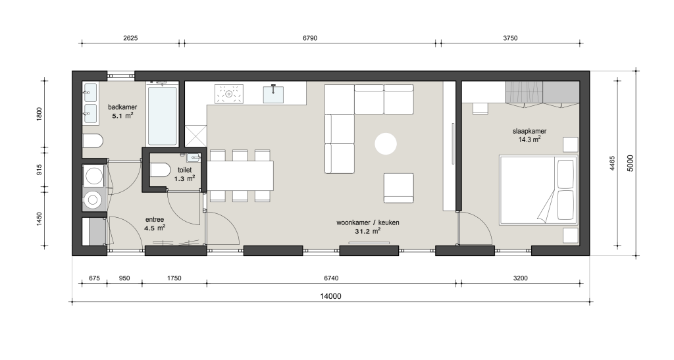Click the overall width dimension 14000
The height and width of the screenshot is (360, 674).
pyautogui.click(x=330, y=296)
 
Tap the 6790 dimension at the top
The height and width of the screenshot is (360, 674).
pyautogui.click(x=310, y=38)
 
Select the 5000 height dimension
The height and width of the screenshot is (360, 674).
pyautogui.click(x=631, y=163)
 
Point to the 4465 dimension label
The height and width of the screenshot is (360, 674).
pyautogui.click(x=613, y=164)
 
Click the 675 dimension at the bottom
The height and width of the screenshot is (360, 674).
pyautogui.click(x=94, y=278)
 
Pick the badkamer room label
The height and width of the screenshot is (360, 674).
pyautogui.click(x=122, y=107)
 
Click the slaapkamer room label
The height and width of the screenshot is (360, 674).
pyautogui.click(x=530, y=132)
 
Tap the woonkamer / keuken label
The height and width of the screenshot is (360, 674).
pyautogui.click(x=367, y=223)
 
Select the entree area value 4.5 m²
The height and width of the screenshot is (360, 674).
pyautogui.click(x=155, y=228)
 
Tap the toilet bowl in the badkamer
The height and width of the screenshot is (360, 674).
pyautogui.click(x=93, y=141)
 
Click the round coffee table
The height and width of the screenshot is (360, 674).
pyautogui.click(x=386, y=144)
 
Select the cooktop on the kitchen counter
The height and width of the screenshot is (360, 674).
pyautogui.click(x=228, y=93)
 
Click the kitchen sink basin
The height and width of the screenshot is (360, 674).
pyautogui.click(x=273, y=94)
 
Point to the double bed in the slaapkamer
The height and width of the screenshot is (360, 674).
pyautogui.click(x=538, y=190)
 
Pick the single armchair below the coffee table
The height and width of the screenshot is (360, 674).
pyautogui.click(x=398, y=188)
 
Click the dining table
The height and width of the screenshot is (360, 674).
pyautogui.click(x=240, y=175)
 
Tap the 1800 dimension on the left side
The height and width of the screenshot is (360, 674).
pyautogui.click(x=39, y=114)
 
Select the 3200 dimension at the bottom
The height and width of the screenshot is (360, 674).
pyautogui.click(x=520, y=278)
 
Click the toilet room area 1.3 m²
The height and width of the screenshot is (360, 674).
pyautogui.click(x=185, y=178)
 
